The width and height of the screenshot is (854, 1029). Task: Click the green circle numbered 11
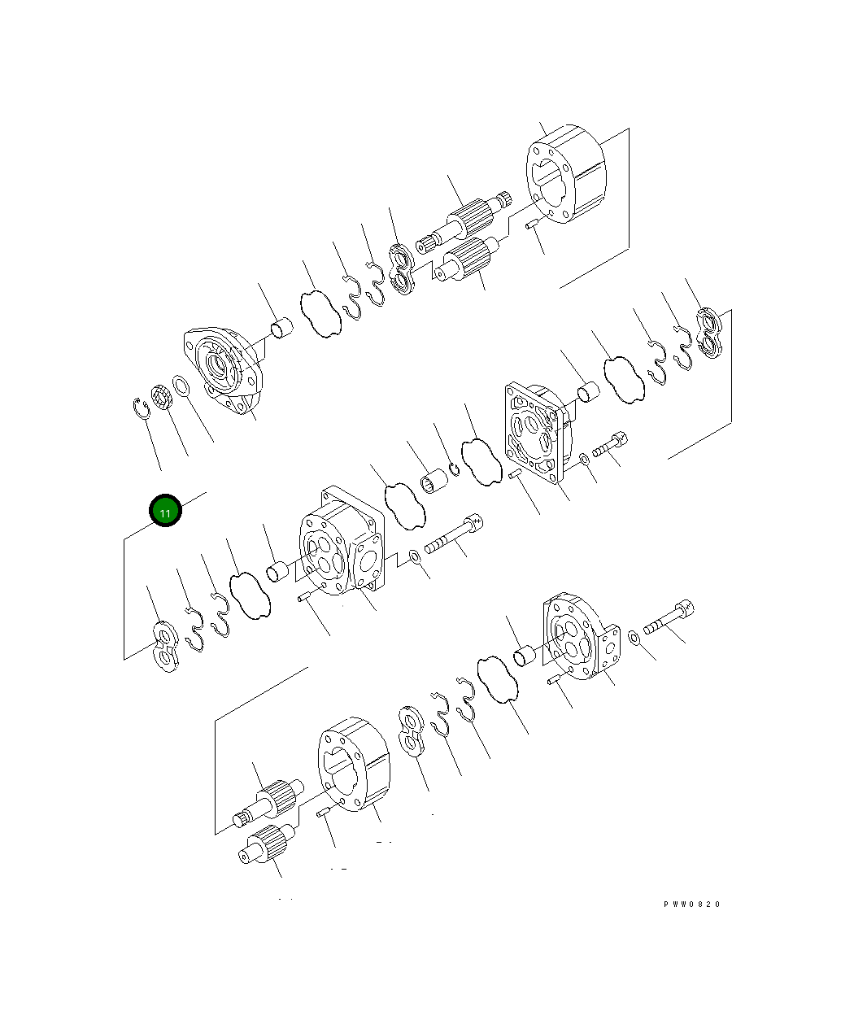165,511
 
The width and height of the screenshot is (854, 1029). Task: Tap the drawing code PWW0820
691,905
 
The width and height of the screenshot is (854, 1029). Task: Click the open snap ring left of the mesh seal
142,407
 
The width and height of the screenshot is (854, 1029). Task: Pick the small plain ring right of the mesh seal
183,386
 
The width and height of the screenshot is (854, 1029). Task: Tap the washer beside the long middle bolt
415,556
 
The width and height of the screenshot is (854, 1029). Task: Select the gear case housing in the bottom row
353,764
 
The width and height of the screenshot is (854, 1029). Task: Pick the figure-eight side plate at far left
166,647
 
